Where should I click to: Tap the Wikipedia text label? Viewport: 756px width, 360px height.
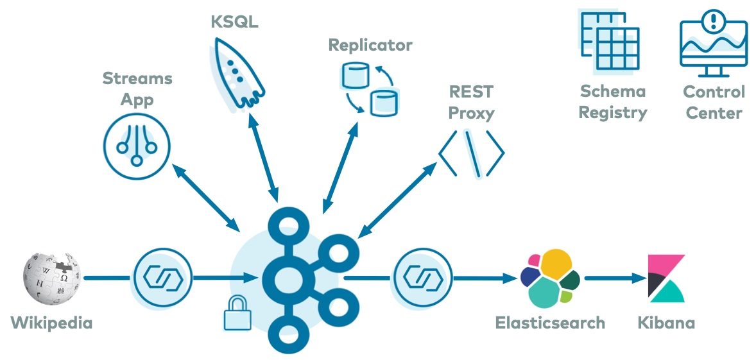[x=51, y=322]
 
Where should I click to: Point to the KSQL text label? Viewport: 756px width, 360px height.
[x=235, y=21]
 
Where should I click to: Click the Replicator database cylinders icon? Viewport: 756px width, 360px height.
[x=368, y=87]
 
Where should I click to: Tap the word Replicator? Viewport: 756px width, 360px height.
[x=370, y=45]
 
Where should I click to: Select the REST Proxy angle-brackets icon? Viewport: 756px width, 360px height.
[x=472, y=153]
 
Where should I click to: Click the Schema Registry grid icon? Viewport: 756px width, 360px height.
[x=610, y=41]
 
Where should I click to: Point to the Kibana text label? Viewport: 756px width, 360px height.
[x=666, y=322]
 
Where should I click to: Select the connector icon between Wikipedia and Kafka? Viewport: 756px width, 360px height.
[x=156, y=278]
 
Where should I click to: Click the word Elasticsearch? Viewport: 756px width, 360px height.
[x=550, y=322]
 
